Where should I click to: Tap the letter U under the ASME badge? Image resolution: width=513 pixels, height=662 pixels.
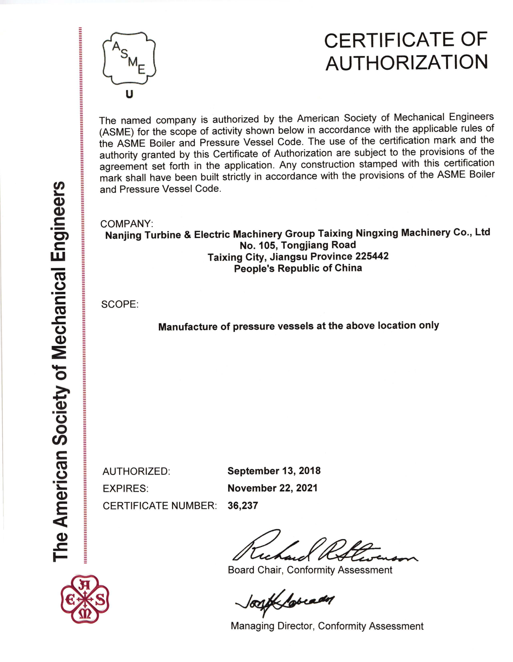pos(130,95)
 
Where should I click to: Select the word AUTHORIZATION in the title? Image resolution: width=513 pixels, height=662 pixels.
pos(407,63)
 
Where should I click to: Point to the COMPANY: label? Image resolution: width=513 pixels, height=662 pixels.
pos(127,224)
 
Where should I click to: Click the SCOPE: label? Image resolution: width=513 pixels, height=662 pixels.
pos(120,304)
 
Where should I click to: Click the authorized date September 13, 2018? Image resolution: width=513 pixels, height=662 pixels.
pos(274,471)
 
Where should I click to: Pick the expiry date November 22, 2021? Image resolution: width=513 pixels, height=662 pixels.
pos(272,488)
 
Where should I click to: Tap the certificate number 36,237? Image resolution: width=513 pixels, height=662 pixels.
pos(243,505)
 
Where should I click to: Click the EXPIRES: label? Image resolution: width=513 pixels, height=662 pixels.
pos(125,489)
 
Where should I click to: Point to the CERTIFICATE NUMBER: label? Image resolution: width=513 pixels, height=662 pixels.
pos(160,506)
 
